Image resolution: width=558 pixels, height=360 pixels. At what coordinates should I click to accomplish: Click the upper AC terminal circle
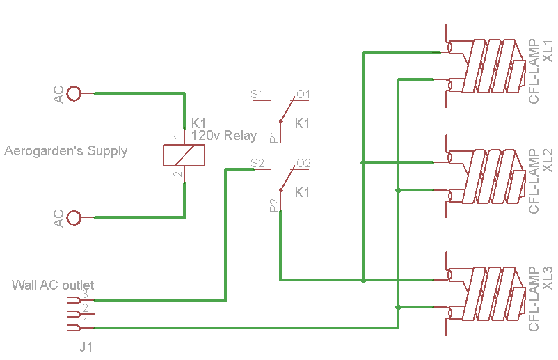click(x=74, y=93)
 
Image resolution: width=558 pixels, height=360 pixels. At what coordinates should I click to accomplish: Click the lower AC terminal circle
click(x=74, y=217)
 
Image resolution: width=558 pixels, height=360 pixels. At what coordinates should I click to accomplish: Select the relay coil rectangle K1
click(x=184, y=155)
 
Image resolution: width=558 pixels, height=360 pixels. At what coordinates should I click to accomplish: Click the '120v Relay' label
click(x=224, y=136)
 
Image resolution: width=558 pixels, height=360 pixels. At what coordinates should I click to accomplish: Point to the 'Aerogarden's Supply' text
click(x=66, y=151)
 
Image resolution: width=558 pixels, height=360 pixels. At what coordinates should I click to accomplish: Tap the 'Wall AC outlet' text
click(x=53, y=285)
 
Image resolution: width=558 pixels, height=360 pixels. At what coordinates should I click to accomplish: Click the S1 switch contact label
click(x=257, y=94)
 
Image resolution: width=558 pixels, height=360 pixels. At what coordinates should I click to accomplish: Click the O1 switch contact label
click(x=303, y=94)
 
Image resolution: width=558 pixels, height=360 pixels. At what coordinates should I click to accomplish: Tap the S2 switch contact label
click(x=257, y=164)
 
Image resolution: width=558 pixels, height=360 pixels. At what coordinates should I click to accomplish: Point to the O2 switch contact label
click(x=303, y=164)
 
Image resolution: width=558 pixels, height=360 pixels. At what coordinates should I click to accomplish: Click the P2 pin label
click(x=273, y=205)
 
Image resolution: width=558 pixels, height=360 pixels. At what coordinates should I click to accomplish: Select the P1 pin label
click(x=273, y=136)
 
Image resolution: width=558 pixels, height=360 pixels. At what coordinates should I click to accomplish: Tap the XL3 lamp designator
click(x=548, y=279)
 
